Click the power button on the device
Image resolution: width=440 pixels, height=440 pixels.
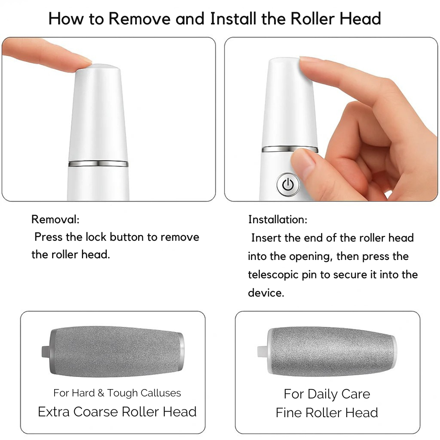[288, 185]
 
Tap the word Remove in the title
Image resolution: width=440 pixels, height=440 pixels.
[139, 19]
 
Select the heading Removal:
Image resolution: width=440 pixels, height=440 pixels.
[55, 220]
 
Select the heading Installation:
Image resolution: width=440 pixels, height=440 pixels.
[278, 220]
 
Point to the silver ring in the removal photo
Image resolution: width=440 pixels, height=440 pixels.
[98, 164]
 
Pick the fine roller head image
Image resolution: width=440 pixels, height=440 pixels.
[327, 351]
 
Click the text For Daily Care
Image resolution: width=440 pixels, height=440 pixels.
[327, 394]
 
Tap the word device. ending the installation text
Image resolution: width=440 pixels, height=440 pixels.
[266, 293]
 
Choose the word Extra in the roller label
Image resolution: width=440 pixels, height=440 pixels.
[54, 411]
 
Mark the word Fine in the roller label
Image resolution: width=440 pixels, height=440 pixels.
[288, 413]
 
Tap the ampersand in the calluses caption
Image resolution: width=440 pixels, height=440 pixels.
[101, 393]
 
